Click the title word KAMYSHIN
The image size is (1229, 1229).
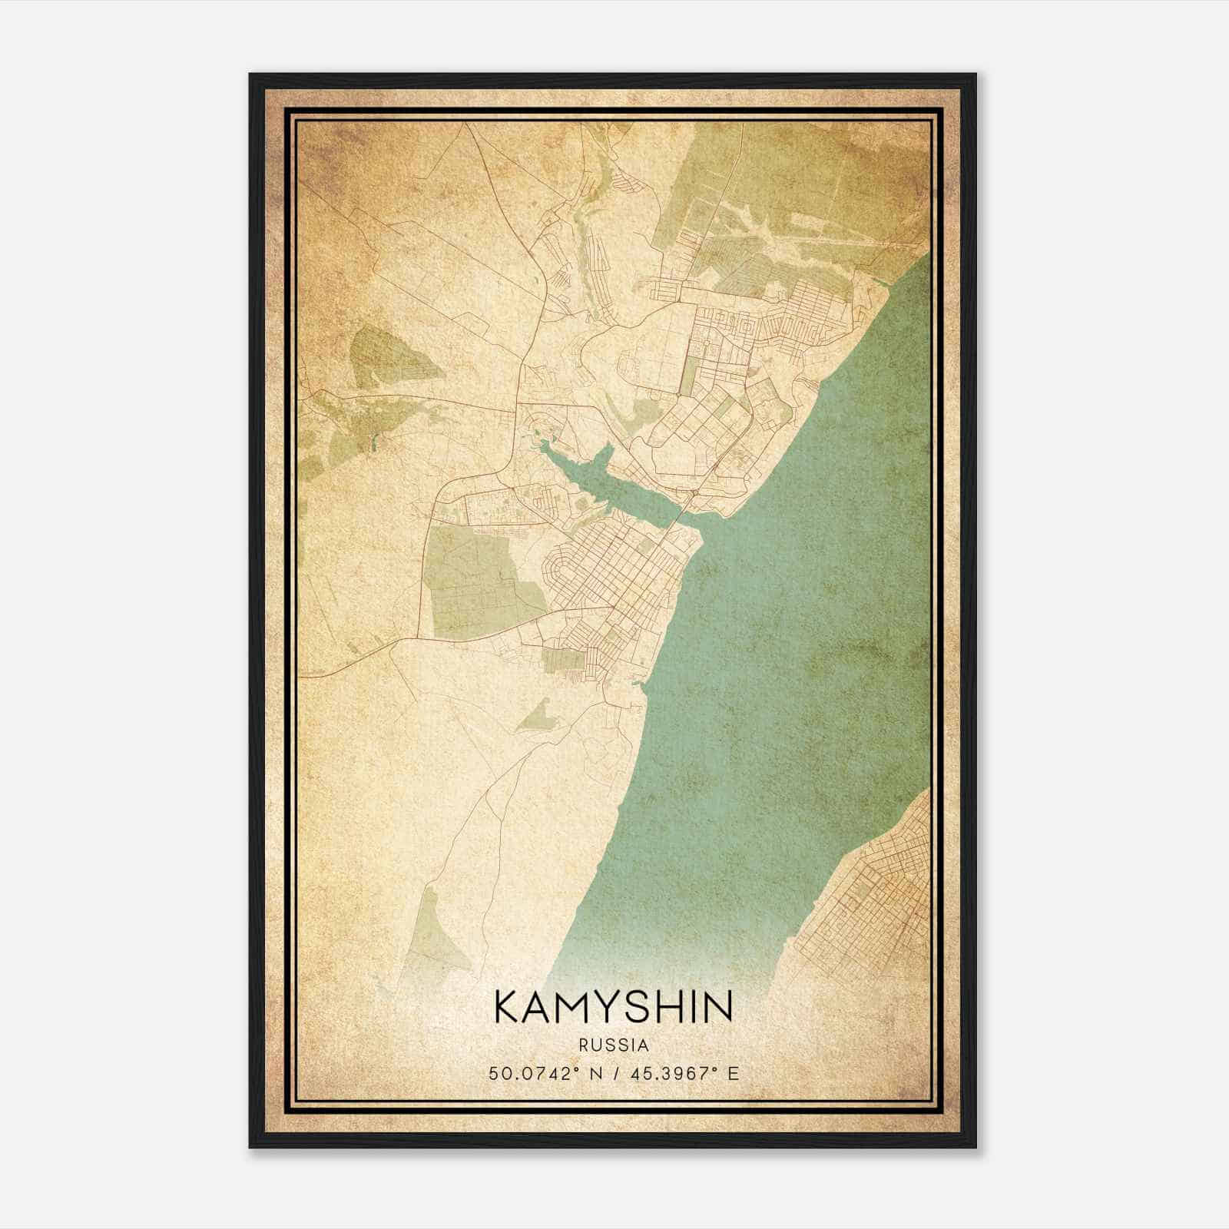[614, 1007]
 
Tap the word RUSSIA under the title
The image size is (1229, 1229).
[614, 1045]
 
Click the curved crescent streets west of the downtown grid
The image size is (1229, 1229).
[561, 568]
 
